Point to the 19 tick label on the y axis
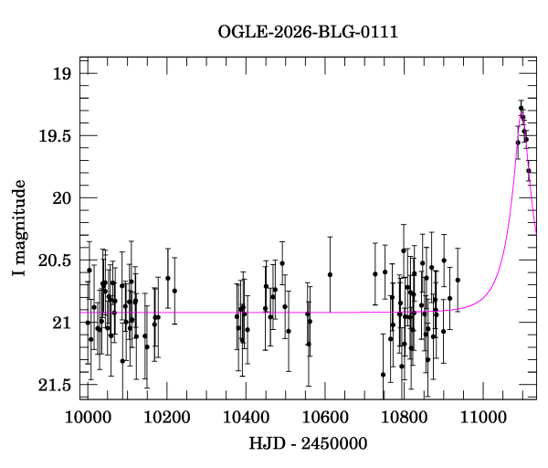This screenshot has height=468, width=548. click(61, 73)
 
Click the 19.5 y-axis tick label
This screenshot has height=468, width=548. click(53, 135)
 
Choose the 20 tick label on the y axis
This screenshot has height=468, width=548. click(61, 197)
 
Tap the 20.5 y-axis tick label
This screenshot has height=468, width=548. click(53, 260)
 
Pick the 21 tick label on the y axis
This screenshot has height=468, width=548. click(61, 322)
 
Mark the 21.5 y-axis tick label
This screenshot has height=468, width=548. click(53, 384)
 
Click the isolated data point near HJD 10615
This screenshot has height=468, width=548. click(330, 274)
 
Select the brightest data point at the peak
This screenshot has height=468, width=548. click(521, 109)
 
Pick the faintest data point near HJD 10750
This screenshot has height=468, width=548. click(384, 374)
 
